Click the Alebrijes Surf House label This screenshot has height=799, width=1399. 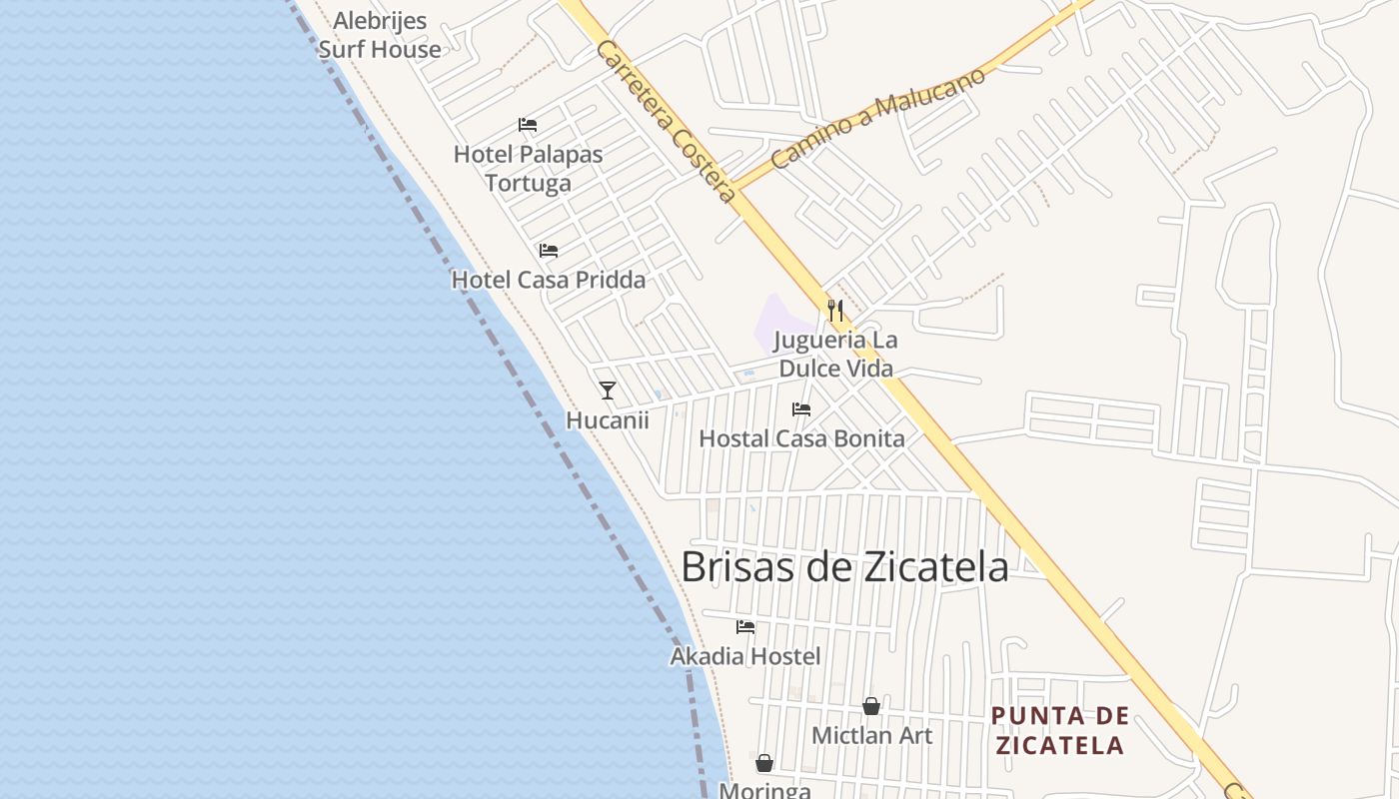tap(380, 35)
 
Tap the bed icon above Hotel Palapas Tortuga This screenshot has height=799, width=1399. tap(528, 125)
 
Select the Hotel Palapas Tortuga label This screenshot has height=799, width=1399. tap(528, 168)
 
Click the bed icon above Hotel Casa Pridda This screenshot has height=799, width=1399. tap(549, 250)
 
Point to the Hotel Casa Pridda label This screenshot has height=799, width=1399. tap(549, 280)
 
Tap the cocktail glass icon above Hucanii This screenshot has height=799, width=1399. tap(608, 390)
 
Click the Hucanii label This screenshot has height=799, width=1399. tap(608, 420)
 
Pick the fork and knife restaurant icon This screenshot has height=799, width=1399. tap(835, 310)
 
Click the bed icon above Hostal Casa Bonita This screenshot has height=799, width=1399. tap(801, 408)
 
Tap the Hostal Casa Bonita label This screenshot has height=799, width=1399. tap(801, 438)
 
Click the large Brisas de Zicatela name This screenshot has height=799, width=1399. tap(844, 567)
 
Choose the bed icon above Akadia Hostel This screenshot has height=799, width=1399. tap(745, 627)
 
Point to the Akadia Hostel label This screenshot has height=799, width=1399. tap(745, 656)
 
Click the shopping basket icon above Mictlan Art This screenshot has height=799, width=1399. tap(871, 706)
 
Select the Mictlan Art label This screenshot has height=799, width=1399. tap(871, 736)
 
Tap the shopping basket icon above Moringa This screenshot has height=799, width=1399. tap(764, 763)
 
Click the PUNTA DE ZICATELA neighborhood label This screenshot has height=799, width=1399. tap(1059, 730)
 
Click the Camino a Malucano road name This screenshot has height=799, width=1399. tap(877, 117)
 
